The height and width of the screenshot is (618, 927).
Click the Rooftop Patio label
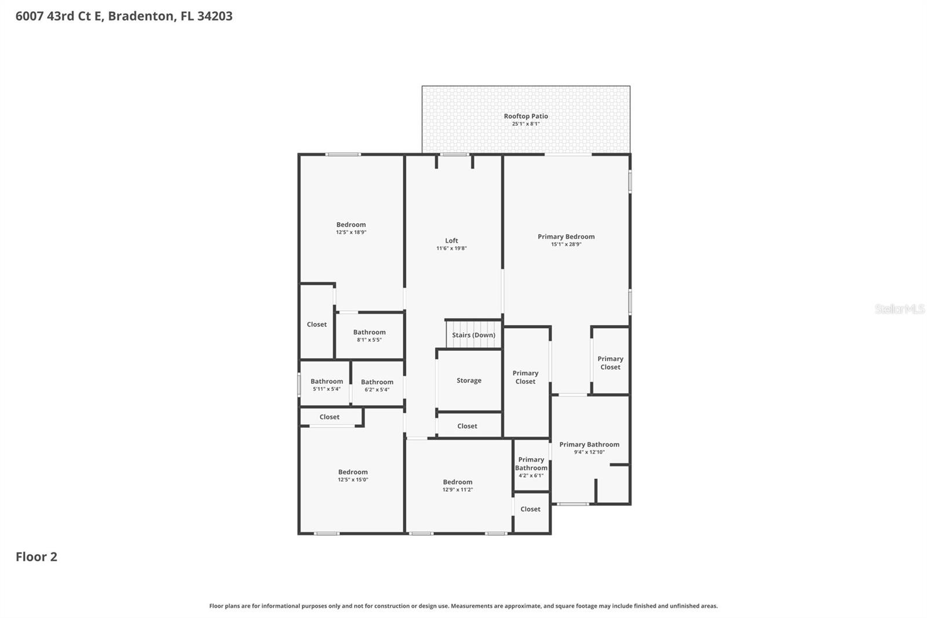[x=525, y=117]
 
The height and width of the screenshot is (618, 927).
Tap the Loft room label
[x=451, y=241]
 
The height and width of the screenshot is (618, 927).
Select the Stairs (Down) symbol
[x=473, y=335]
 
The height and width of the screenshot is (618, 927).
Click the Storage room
[x=469, y=381]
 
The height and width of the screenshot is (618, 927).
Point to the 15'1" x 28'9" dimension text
[x=566, y=245]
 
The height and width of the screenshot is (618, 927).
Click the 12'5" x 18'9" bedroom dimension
[x=351, y=232]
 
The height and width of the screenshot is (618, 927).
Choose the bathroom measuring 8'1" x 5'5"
[x=369, y=336]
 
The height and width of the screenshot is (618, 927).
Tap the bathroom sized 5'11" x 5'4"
[x=326, y=385]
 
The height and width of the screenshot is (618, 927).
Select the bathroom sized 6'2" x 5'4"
[x=377, y=386]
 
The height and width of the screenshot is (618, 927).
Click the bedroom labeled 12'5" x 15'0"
[x=353, y=475]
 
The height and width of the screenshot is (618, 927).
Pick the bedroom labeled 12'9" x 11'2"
[x=457, y=485]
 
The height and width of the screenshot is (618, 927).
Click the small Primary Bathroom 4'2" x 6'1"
[x=531, y=467]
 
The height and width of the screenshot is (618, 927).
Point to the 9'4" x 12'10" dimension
[x=589, y=452]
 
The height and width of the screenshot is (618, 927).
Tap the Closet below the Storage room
[x=467, y=426]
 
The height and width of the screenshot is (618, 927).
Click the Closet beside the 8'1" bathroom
[x=316, y=325]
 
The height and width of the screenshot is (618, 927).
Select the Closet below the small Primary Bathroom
[x=530, y=509]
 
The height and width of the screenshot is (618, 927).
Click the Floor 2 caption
[x=36, y=557]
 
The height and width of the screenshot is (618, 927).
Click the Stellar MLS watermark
[x=899, y=309]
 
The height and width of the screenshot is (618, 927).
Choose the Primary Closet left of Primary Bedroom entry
[x=525, y=377]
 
